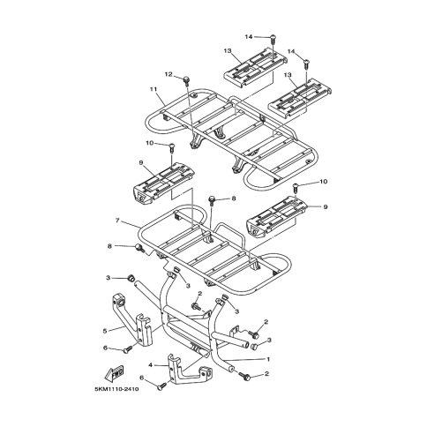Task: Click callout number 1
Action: [x=268, y=359]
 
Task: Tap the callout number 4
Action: [x=151, y=365]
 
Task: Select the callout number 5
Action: [x=105, y=331]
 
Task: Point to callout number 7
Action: [x=117, y=221]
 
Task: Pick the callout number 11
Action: [x=154, y=89]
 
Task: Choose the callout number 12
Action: [x=169, y=74]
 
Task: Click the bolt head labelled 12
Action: [x=186, y=79]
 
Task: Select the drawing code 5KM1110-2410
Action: [x=116, y=389]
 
